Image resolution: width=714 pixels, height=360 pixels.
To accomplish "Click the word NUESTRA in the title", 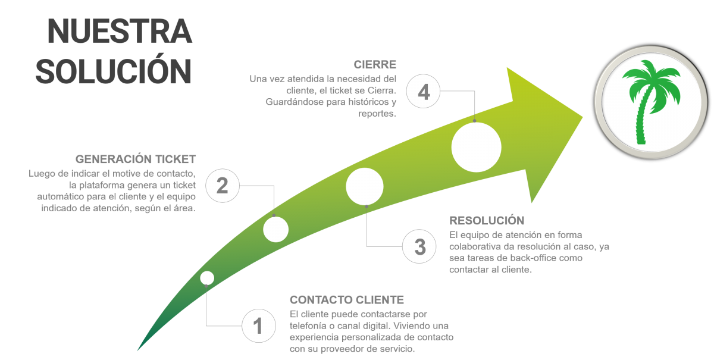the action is (x=120, y=31).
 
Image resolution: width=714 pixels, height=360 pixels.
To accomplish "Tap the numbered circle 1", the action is (x=258, y=325).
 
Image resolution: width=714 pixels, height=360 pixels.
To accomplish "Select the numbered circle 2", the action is (x=223, y=186).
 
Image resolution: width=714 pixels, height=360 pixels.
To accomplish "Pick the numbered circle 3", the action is (x=419, y=246).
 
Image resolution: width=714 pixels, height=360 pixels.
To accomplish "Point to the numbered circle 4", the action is (x=423, y=91).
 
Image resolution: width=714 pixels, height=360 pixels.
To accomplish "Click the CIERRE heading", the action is (x=375, y=64).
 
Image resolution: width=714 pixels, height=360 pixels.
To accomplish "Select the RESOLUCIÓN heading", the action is (x=487, y=220).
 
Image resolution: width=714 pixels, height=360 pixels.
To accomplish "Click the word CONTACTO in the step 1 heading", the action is (x=321, y=300).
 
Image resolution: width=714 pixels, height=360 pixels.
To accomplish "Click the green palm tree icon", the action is (x=651, y=101).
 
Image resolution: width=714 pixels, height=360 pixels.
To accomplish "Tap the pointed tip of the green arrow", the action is (x=583, y=117).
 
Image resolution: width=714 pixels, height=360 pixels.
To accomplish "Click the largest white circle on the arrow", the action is (x=476, y=148).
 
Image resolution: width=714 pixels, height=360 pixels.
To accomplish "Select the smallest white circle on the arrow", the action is (x=207, y=278).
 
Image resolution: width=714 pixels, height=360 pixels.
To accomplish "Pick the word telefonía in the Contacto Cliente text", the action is (x=307, y=325).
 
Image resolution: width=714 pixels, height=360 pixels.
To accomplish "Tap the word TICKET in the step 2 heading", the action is (x=176, y=159).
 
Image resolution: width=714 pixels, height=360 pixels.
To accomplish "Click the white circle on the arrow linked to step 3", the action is (x=365, y=186).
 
